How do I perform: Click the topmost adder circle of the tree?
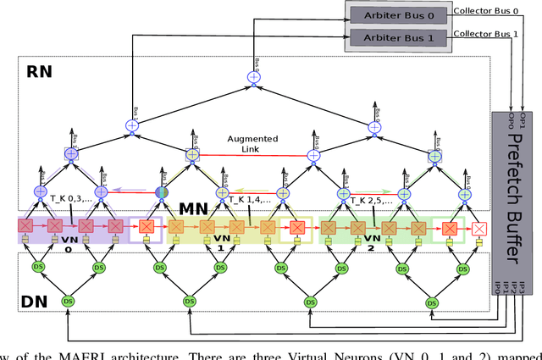click(252, 78)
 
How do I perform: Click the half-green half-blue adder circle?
click(161, 192)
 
